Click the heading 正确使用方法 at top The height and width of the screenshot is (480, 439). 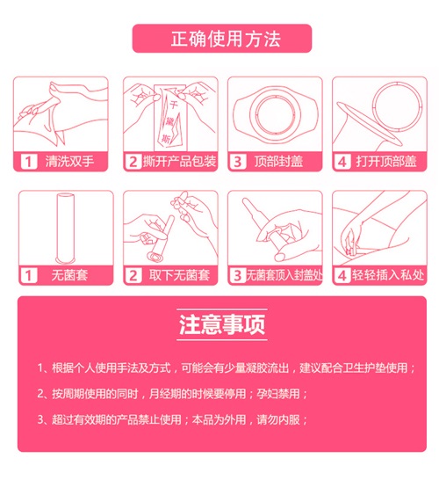pos(226,39)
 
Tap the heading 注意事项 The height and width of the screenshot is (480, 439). pos(221,324)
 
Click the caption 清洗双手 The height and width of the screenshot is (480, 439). pos(69,162)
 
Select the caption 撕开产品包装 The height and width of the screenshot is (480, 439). pos(179,162)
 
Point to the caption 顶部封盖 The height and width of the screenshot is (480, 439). pos(278,162)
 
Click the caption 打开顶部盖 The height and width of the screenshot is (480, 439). pos(386,162)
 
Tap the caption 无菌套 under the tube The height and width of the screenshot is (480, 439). pos(69,275)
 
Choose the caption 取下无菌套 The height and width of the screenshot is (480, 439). pos(179,275)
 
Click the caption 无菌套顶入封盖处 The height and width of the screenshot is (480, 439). pos(284,275)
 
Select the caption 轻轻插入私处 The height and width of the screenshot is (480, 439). pos(388,275)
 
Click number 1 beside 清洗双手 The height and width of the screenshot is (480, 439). pos(29,162)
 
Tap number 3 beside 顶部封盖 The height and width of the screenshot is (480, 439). pos(238,162)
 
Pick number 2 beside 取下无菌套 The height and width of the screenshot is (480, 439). pos(133,275)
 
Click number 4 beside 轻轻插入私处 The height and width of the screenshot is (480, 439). pos(342,275)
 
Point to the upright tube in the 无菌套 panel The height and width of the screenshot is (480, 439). pos(66,228)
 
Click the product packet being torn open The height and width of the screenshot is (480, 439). pos(170,118)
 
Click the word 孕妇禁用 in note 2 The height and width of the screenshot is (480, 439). pos(278,393)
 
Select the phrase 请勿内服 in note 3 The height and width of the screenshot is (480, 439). pos(278,419)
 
